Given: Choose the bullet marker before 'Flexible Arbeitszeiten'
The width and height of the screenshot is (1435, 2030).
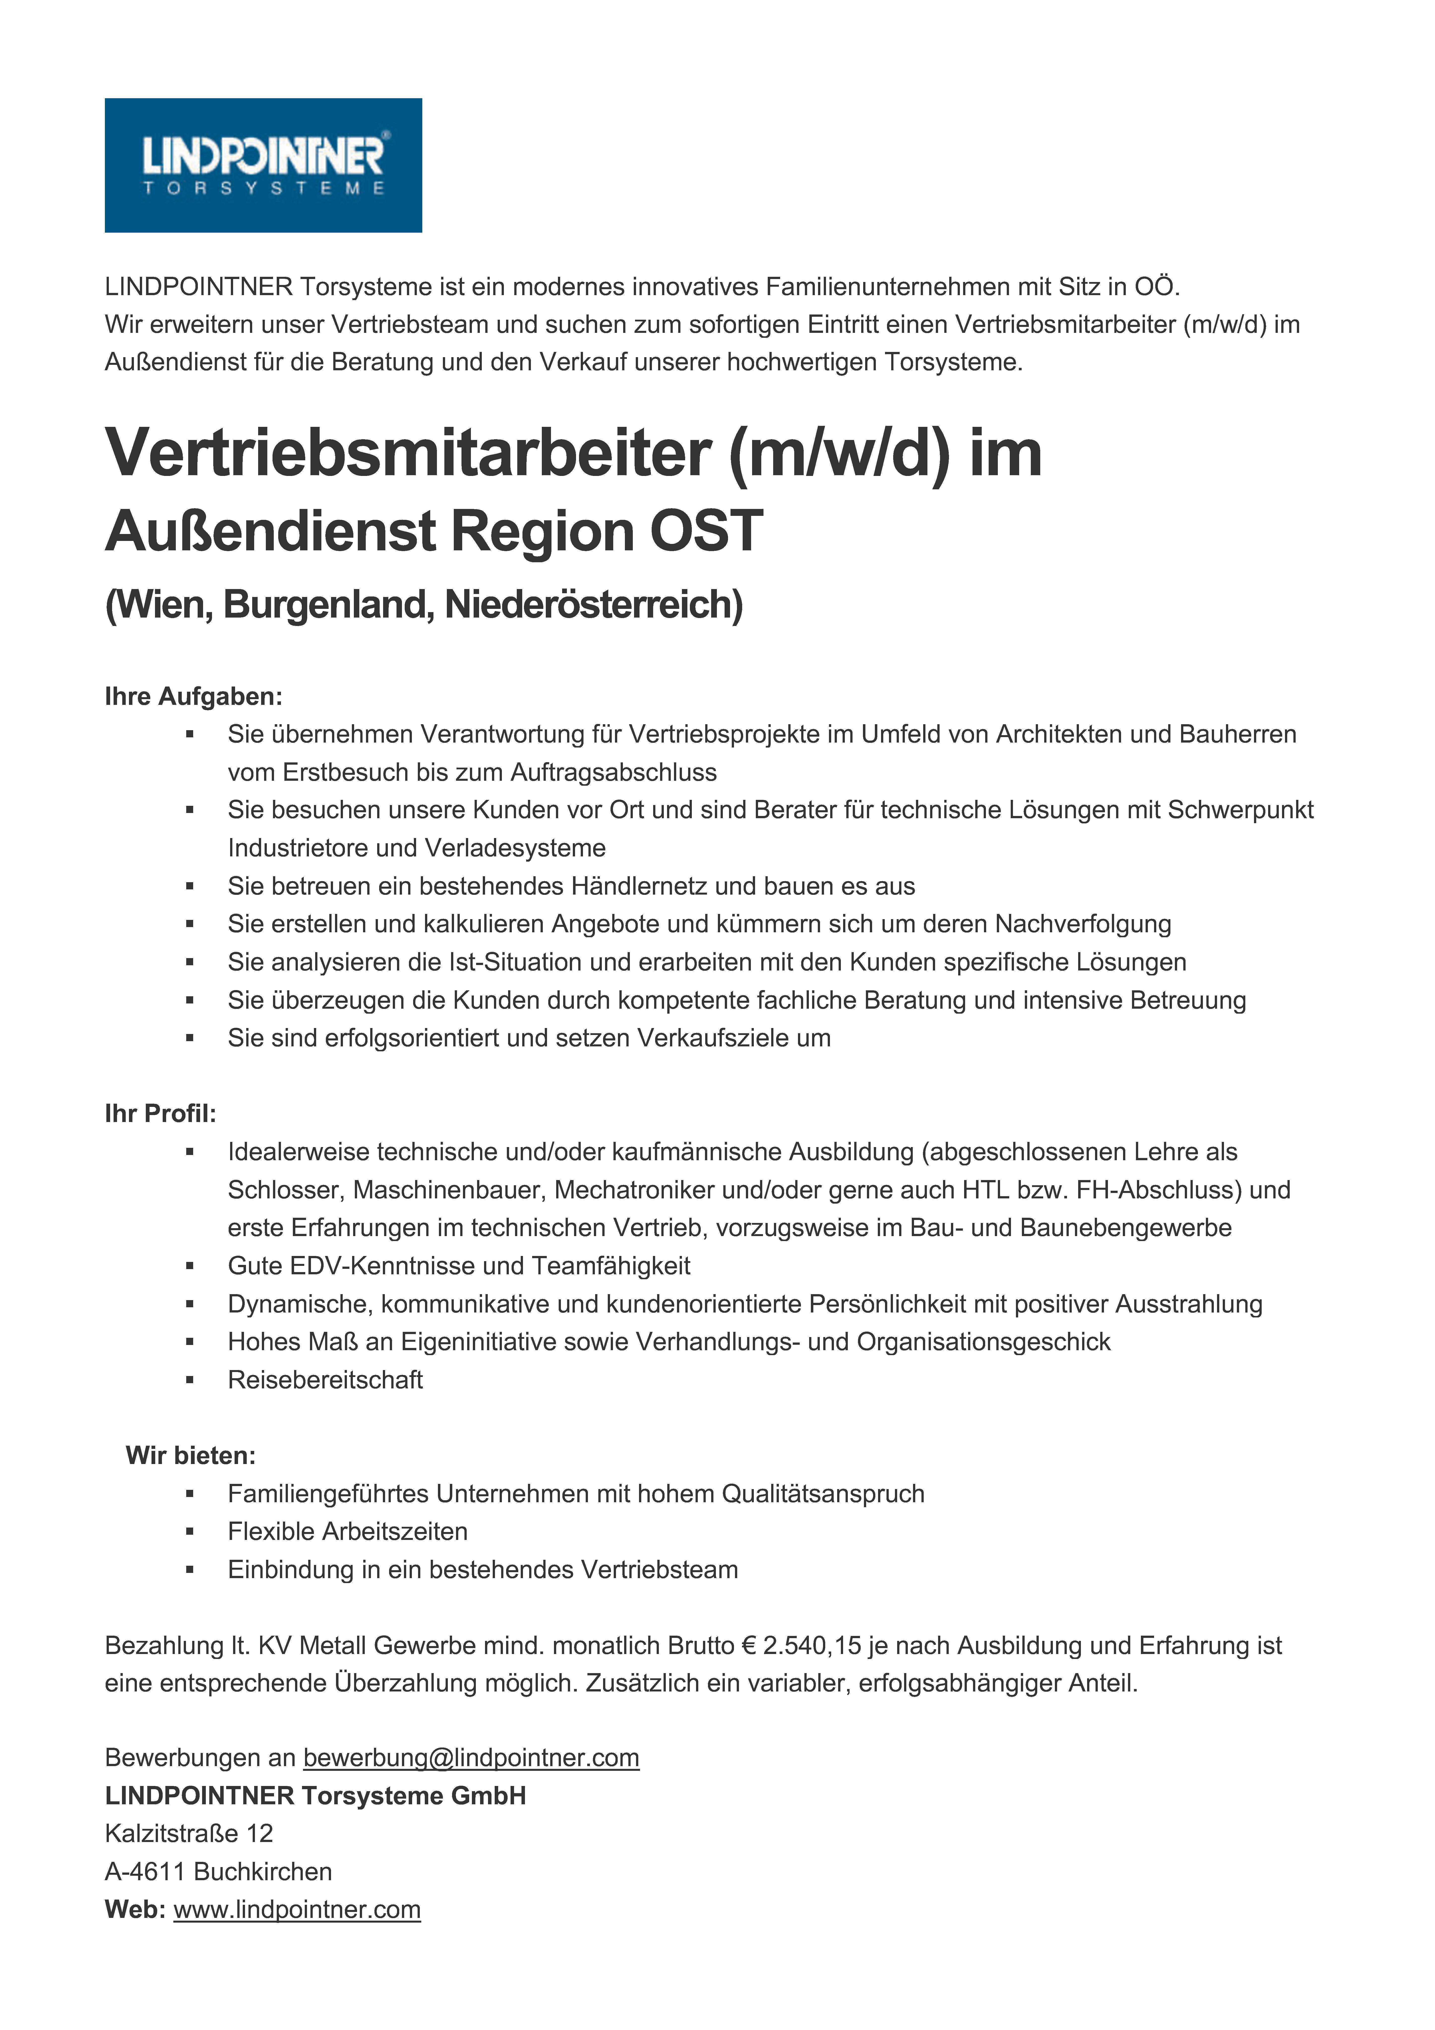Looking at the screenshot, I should pyautogui.click(x=189, y=1532).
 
